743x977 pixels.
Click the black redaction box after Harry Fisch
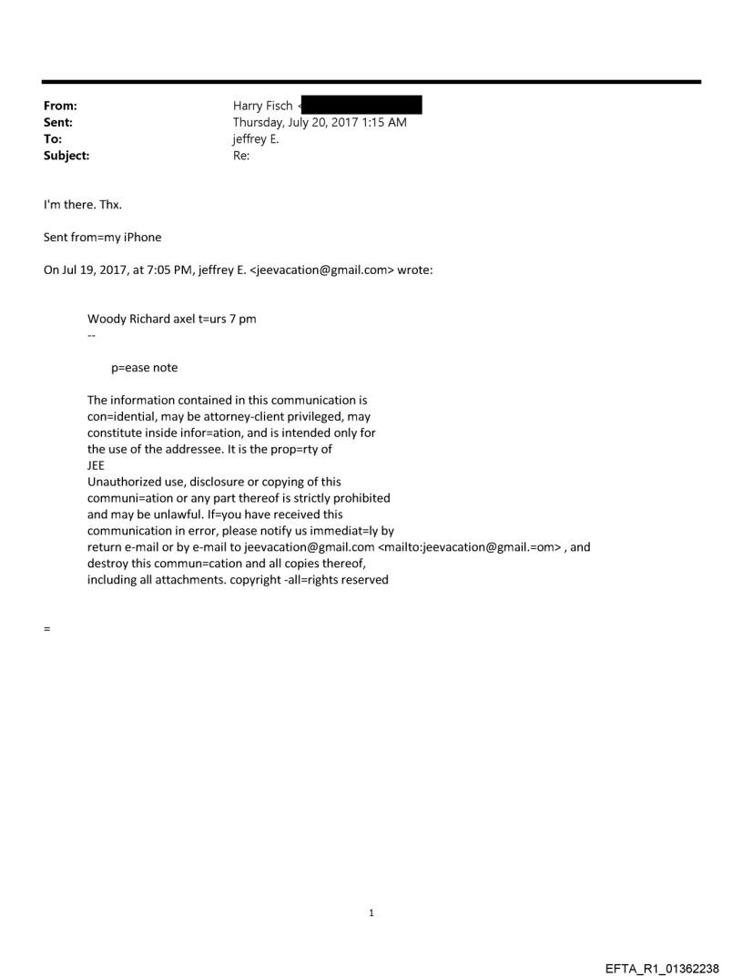(x=361, y=107)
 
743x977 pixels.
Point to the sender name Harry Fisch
(x=262, y=107)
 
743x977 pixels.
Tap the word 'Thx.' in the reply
(x=109, y=204)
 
